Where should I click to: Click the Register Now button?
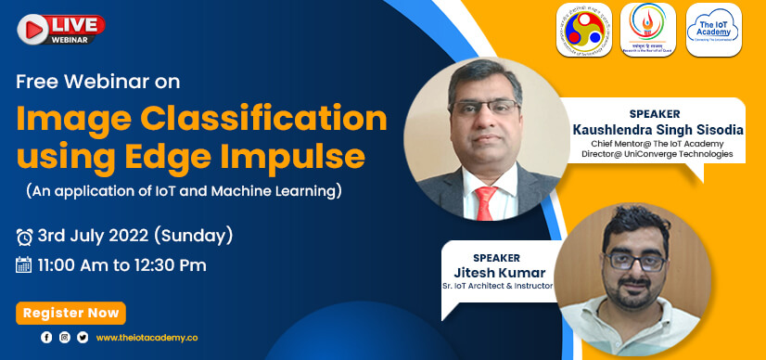coord(70,314)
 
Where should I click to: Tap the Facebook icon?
coord(46,338)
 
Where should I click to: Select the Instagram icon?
coord(64,338)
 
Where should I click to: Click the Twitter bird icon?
coord(83,338)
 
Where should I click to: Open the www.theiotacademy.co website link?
coord(147,338)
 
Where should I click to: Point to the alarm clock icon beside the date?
coord(25,237)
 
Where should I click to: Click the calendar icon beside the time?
coord(25,265)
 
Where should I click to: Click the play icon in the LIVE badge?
coord(31,25)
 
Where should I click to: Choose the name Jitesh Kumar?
coord(497,271)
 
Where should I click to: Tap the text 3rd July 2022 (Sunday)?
coord(135,235)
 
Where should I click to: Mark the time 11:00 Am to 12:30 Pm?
coord(121,265)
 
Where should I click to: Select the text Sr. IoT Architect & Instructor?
coord(498,286)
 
